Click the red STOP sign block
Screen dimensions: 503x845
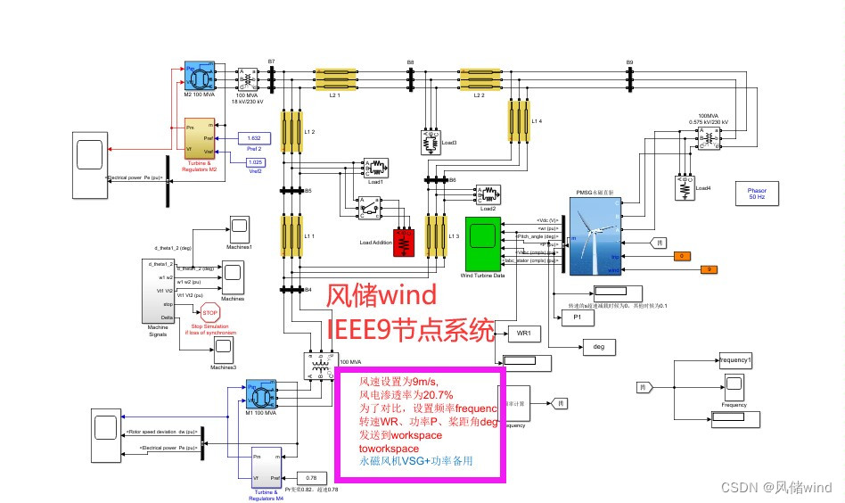click(x=210, y=312)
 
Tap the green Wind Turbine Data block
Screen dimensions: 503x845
click(x=482, y=243)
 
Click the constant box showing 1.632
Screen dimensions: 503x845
click(x=254, y=138)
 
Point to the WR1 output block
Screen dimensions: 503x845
click(x=523, y=334)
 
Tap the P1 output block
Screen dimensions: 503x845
click(x=578, y=317)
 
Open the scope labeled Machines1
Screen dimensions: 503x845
click(x=238, y=228)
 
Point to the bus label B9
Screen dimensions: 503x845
click(x=629, y=62)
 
